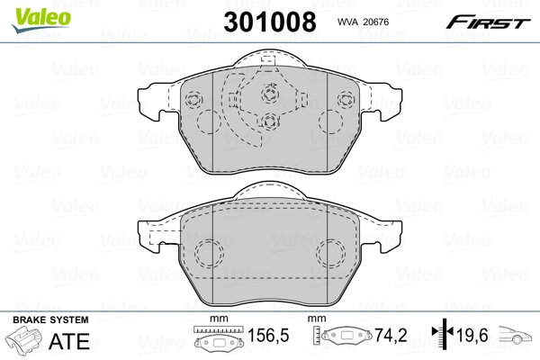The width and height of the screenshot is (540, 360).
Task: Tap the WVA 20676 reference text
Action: click(x=361, y=22)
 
